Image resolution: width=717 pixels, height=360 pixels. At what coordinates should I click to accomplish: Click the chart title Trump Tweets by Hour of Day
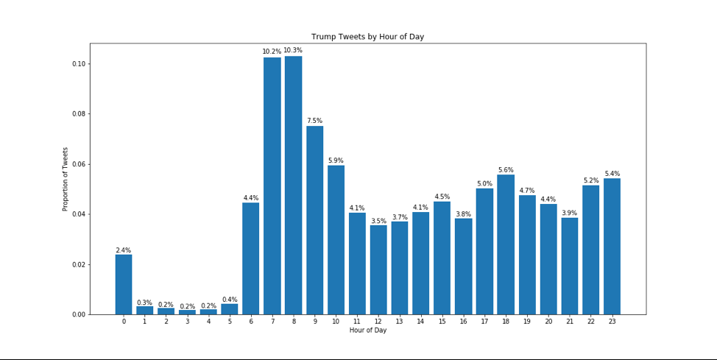tap(367, 37)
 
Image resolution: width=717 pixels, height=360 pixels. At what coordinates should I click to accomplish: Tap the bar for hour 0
tap(124, 284)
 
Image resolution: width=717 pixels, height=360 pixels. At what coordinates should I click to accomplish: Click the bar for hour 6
tap(251, 258)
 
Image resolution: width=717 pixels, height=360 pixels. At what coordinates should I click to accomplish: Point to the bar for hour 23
tap(612, 247)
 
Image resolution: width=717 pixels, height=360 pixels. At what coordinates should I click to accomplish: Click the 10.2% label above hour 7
tap(272, 52)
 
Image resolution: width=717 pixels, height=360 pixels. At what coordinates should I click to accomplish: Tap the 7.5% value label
tap(314, 121)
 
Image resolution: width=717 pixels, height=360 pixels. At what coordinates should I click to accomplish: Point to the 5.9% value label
tap(336, 160)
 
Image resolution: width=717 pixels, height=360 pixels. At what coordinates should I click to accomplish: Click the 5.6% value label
tap(506, 170)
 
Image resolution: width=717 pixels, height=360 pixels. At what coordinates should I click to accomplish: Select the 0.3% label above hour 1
tap(144, 303)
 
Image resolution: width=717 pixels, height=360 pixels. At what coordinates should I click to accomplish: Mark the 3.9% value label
tap(569, 213)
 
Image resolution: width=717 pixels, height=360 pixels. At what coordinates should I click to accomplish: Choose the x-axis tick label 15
tap(442, 322)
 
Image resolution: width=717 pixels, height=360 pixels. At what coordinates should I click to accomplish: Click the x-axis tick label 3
tap(187, 322)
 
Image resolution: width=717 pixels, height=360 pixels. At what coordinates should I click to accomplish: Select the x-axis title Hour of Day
tap(367, 331)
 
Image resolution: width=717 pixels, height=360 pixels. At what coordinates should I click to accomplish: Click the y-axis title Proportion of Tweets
tap(66, 179)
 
